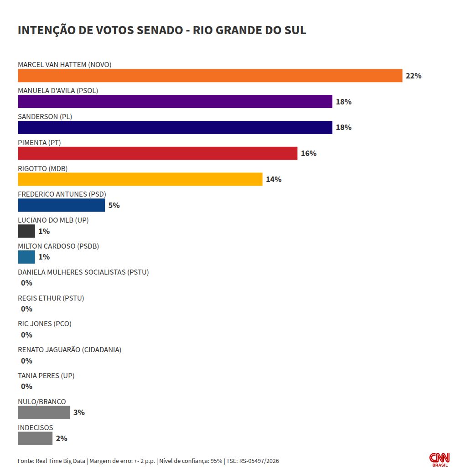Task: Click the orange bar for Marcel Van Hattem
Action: click(210, 75)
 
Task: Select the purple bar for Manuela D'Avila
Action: click(175, 101)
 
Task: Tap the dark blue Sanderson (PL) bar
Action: click(175, 127)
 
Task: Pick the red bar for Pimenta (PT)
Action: click(157, 153)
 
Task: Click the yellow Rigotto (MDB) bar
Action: click(140, 179)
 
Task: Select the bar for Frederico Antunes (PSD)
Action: click(61, 205)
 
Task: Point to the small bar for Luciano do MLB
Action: click(26, 231)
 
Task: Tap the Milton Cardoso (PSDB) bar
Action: click(26, 257)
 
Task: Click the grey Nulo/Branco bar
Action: click(44, 412)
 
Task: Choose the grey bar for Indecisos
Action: click(35, 438)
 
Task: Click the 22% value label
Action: click(413, 76)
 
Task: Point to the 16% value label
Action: click(309, 154)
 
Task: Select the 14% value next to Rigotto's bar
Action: click(274, 180)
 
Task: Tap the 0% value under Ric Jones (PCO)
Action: click(26, 335)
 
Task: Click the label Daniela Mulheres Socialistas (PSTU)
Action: click(83, 272)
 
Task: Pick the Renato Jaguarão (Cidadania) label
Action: click(69, 349)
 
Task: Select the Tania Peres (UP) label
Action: click(46, 375)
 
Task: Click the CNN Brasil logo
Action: click(439, 459)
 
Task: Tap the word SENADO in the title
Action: click(160, 30)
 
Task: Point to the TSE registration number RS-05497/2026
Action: click(259, 461)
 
